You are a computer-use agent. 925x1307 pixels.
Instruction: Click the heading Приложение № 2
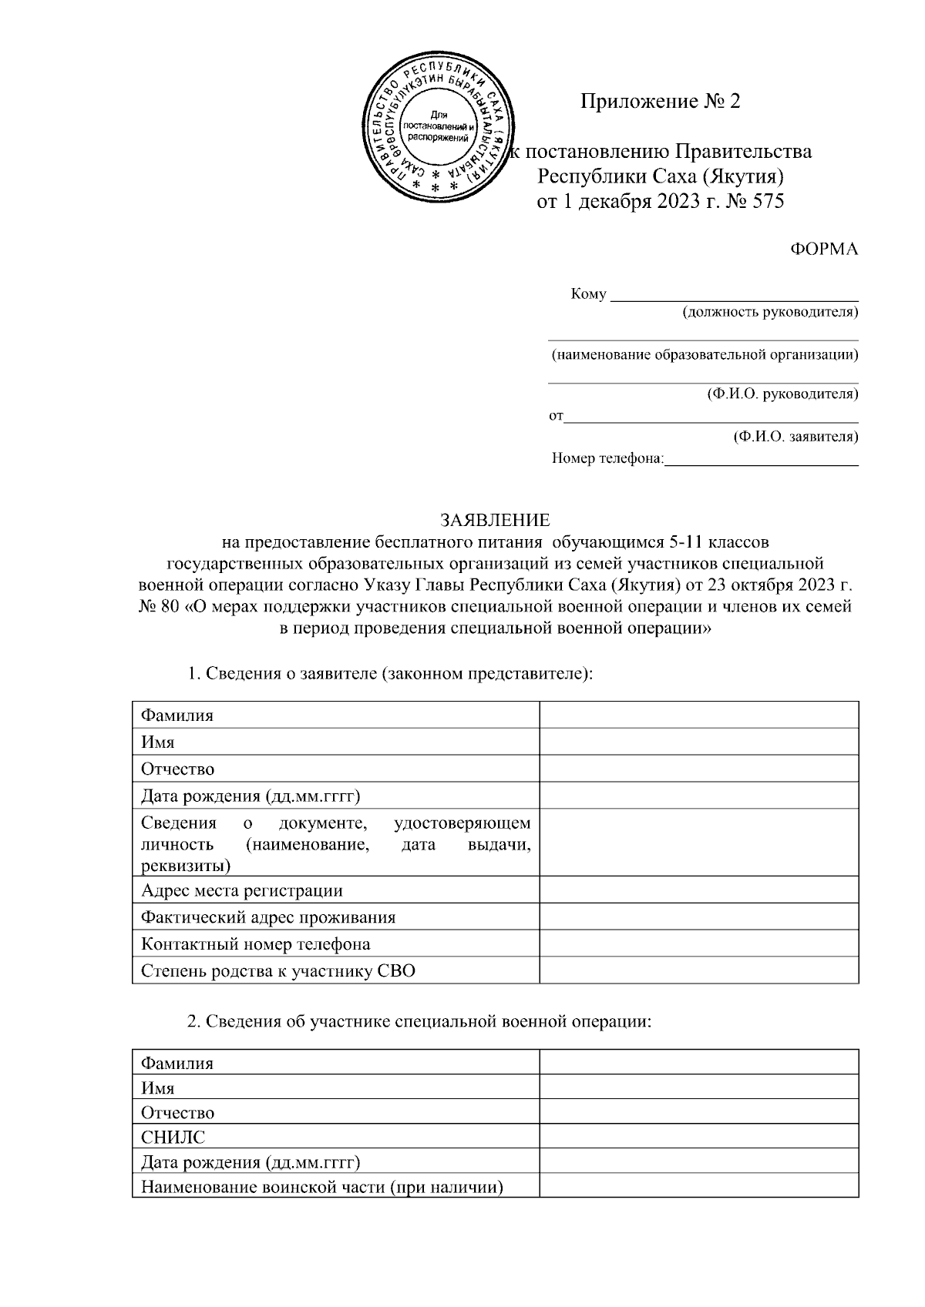[x=660, y=102]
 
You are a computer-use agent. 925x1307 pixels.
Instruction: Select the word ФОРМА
[x=824, y=250]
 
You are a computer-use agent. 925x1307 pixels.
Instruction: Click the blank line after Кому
[x=734, y=294]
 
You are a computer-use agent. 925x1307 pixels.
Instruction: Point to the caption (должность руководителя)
[x=769, y=312]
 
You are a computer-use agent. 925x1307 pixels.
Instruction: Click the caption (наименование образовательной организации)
[x=704, y=355]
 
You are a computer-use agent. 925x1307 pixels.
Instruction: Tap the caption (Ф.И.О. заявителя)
[x=795, y=437]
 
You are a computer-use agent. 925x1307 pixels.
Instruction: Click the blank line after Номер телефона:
[x=761, y=460]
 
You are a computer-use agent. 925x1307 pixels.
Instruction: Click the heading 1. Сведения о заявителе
[x=390, y=673]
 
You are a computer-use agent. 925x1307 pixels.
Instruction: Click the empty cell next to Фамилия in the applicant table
[x=698, y=715]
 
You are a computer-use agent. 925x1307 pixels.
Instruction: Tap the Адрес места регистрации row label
[x=242, y=890]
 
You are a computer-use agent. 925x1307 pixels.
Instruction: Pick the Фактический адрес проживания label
[x=268, y=917]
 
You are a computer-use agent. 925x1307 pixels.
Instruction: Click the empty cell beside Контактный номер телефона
[x=698, y=943]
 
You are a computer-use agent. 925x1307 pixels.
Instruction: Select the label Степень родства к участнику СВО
[x=278, y=970]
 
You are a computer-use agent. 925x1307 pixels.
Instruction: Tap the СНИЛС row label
[x=173, y=1137]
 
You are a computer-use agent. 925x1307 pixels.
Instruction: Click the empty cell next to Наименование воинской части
[x=698, y=1186]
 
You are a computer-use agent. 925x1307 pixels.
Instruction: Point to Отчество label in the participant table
[x=178, y=1112]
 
